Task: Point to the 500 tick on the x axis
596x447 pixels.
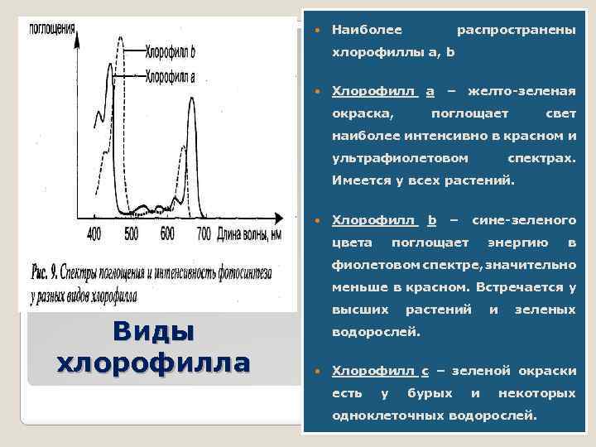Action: [x=131, y=233]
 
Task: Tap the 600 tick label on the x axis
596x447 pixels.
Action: [x=168, y=233]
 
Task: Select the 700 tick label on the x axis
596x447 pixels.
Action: [x=204, y=233]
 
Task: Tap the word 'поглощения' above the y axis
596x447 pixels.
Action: [x=52, y=26]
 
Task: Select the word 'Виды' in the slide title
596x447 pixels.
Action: [x=153, y=331]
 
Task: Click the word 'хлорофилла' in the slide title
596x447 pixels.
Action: [x=153, y=362]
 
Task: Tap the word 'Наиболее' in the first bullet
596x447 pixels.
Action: [x=367, y=31]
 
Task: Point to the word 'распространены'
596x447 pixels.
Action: [x=517, y=31]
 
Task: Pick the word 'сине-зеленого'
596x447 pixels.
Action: [x=523, y=220]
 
